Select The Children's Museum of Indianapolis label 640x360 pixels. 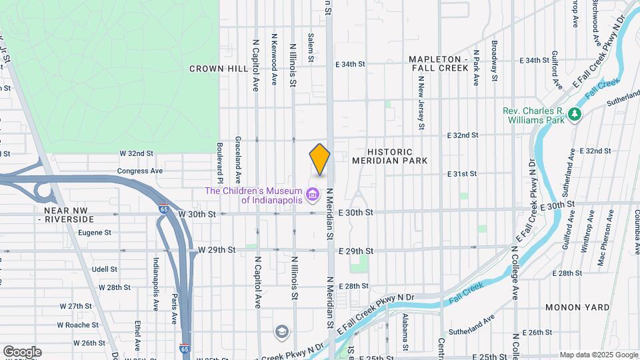pos(253,195)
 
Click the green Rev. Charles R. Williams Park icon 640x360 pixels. pos(574,115)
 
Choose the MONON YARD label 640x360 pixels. pos(577,307)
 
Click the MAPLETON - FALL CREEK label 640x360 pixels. pos(440,64)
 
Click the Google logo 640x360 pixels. pos(21,352)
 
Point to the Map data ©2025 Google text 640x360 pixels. pos(598,355)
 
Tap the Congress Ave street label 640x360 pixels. pos(140,171)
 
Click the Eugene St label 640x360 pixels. pos(94,233)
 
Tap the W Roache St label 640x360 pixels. pos(77,325)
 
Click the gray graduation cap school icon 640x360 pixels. pos(283,331)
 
